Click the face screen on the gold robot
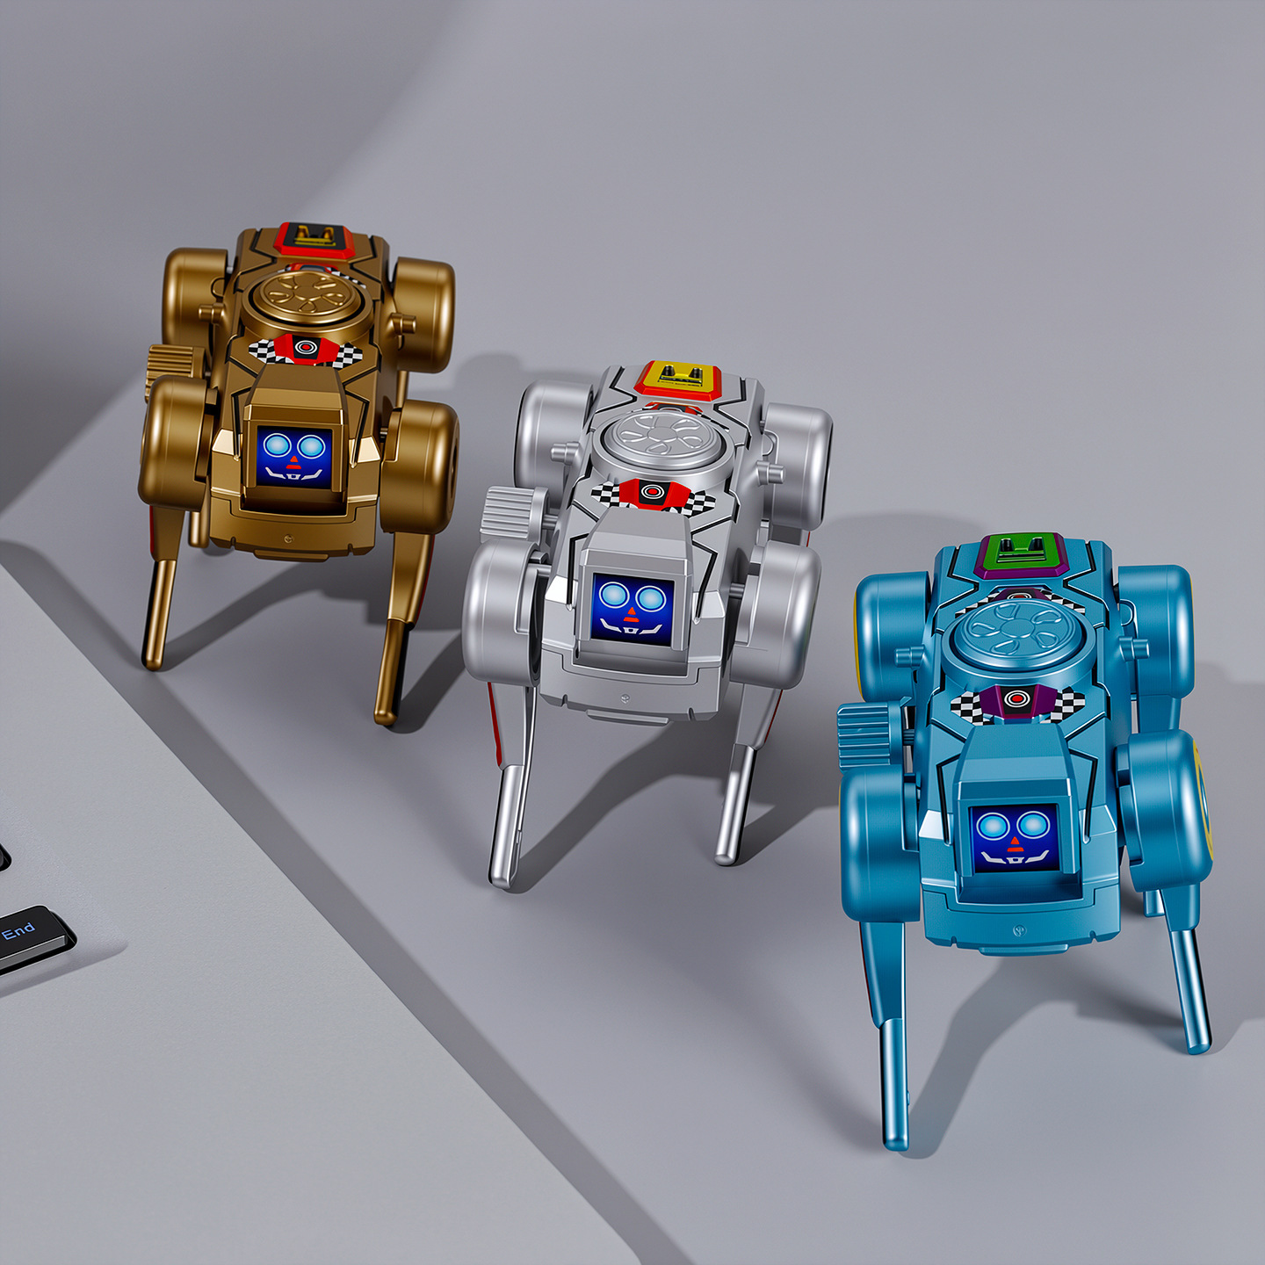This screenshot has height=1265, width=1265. [293, 457]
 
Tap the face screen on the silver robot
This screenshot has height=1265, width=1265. [632, 609]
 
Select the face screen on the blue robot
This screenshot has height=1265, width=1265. [1015, 838]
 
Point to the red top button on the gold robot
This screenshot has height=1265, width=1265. [314, 238]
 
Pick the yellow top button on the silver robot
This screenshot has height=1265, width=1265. [679, 379]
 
